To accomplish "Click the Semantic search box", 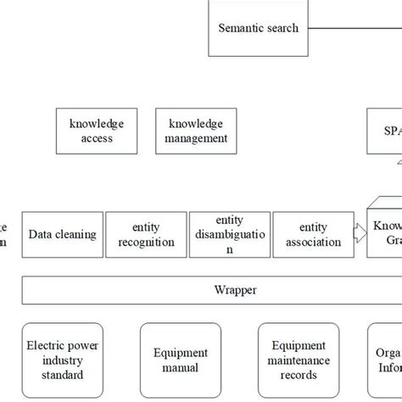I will point(259,28).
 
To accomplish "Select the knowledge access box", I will point(98,131).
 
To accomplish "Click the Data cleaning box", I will point(62,235).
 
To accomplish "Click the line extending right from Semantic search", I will point(356,28).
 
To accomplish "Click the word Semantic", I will point(241,28).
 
